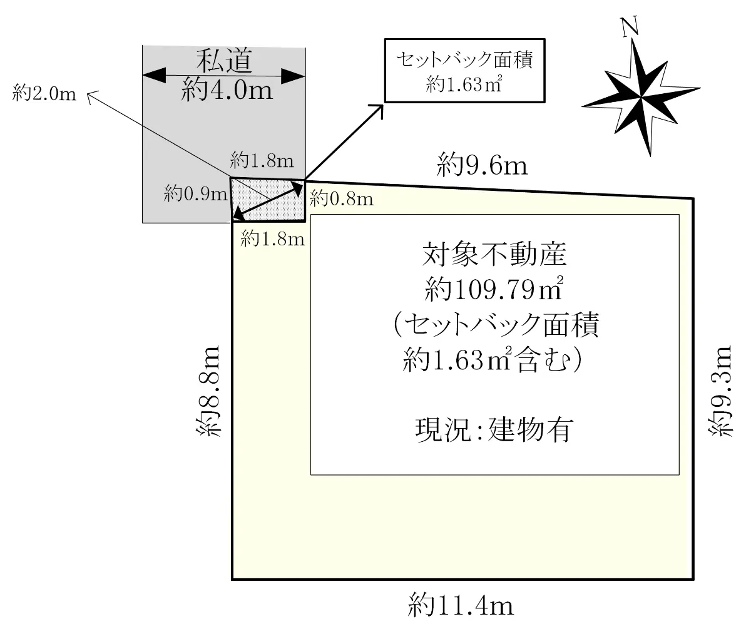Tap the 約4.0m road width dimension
227,89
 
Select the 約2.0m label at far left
44,93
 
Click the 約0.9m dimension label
195,194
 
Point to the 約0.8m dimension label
341,198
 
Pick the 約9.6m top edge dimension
482,165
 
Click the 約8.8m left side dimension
208,391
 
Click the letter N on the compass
630,27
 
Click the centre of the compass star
641,97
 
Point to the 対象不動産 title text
494,254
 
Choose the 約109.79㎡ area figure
494,289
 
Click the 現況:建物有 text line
494,429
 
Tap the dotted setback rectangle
268,200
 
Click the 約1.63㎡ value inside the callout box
464,84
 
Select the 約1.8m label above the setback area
262,160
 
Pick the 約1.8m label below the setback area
273,239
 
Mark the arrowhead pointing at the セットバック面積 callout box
379,108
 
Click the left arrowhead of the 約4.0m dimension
155,75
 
